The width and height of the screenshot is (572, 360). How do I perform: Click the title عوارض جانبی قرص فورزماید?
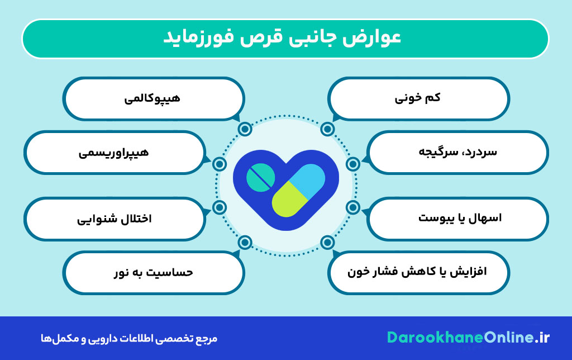coord(285,39)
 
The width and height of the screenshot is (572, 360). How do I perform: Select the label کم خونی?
coord(418,98)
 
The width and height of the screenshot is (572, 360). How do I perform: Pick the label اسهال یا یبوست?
coord(460,217)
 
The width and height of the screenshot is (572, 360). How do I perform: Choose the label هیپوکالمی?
coord(152,98)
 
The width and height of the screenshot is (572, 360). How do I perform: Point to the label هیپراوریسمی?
coord(113,151)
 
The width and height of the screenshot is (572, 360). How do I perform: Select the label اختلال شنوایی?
coord(114,217)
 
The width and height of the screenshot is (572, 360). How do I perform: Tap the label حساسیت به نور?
coord(152,272)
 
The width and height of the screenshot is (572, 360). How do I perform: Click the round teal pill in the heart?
coord(260,178)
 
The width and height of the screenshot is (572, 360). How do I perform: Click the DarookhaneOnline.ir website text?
coord(468,338)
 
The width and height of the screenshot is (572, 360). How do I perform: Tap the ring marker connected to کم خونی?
coord(327,129)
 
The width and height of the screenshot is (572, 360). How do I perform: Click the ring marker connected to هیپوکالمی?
coord(245,129)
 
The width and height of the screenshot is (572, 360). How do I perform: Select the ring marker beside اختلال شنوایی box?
coord(220,208)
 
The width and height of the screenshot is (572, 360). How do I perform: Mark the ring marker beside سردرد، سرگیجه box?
coord(352,164)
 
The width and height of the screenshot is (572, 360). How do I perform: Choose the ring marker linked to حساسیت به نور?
coord(245,243)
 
